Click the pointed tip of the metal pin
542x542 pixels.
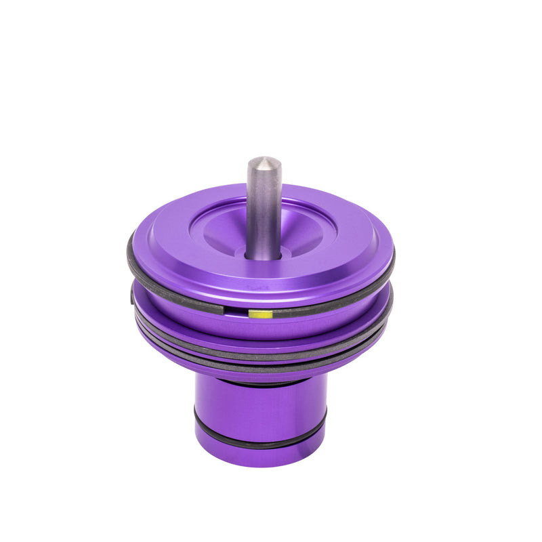[264, 161]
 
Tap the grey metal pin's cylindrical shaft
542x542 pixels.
[264, 210]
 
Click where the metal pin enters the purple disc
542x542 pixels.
[264, 255]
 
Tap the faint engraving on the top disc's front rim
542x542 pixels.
[258, 287]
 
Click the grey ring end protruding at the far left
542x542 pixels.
[132, 295]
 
